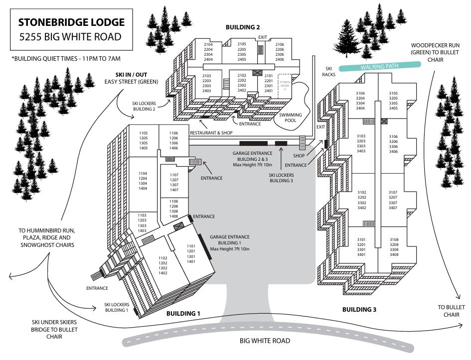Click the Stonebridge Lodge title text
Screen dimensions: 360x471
tap(71, 22)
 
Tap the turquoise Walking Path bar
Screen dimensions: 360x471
tap(377, 66)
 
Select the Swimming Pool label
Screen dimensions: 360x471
tap(291, 118)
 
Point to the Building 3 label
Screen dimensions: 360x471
tap(359, 309)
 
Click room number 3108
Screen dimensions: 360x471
tap(394, 239)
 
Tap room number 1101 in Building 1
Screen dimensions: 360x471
tap(191, 246)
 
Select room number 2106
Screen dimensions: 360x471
tap(280, 44)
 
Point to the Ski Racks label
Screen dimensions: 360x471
tap(329, 71)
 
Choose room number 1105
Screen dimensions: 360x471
tap(144, 133)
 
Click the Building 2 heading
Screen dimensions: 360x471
tap(243, 27)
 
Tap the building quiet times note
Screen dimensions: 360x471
tap(66, 59)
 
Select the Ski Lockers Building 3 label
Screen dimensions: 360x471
tap(281, 178)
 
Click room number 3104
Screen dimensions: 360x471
tap(361, 93)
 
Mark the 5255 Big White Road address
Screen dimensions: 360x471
tap(70, 36)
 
